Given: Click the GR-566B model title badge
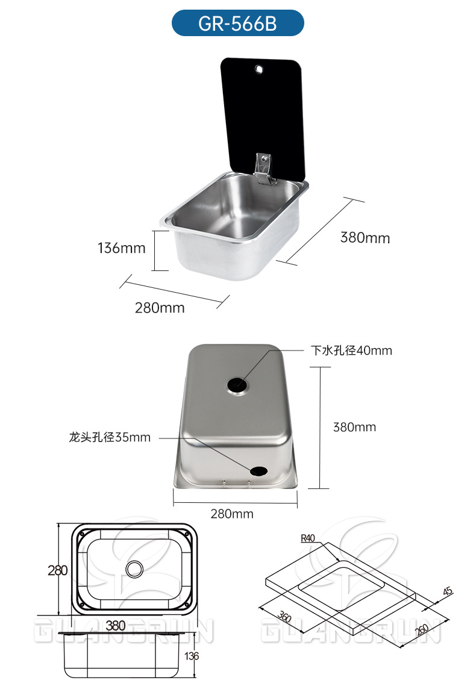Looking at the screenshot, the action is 238,23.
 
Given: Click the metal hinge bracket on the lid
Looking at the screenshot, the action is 265,168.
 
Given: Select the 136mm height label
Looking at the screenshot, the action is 122,248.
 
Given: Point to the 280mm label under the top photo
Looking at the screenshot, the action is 160,308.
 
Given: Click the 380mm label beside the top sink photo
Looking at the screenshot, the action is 365,237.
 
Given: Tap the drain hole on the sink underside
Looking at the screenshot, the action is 238,385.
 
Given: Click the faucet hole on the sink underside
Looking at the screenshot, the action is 258,471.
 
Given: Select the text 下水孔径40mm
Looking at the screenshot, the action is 351,351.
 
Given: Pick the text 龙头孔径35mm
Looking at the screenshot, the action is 110,437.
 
